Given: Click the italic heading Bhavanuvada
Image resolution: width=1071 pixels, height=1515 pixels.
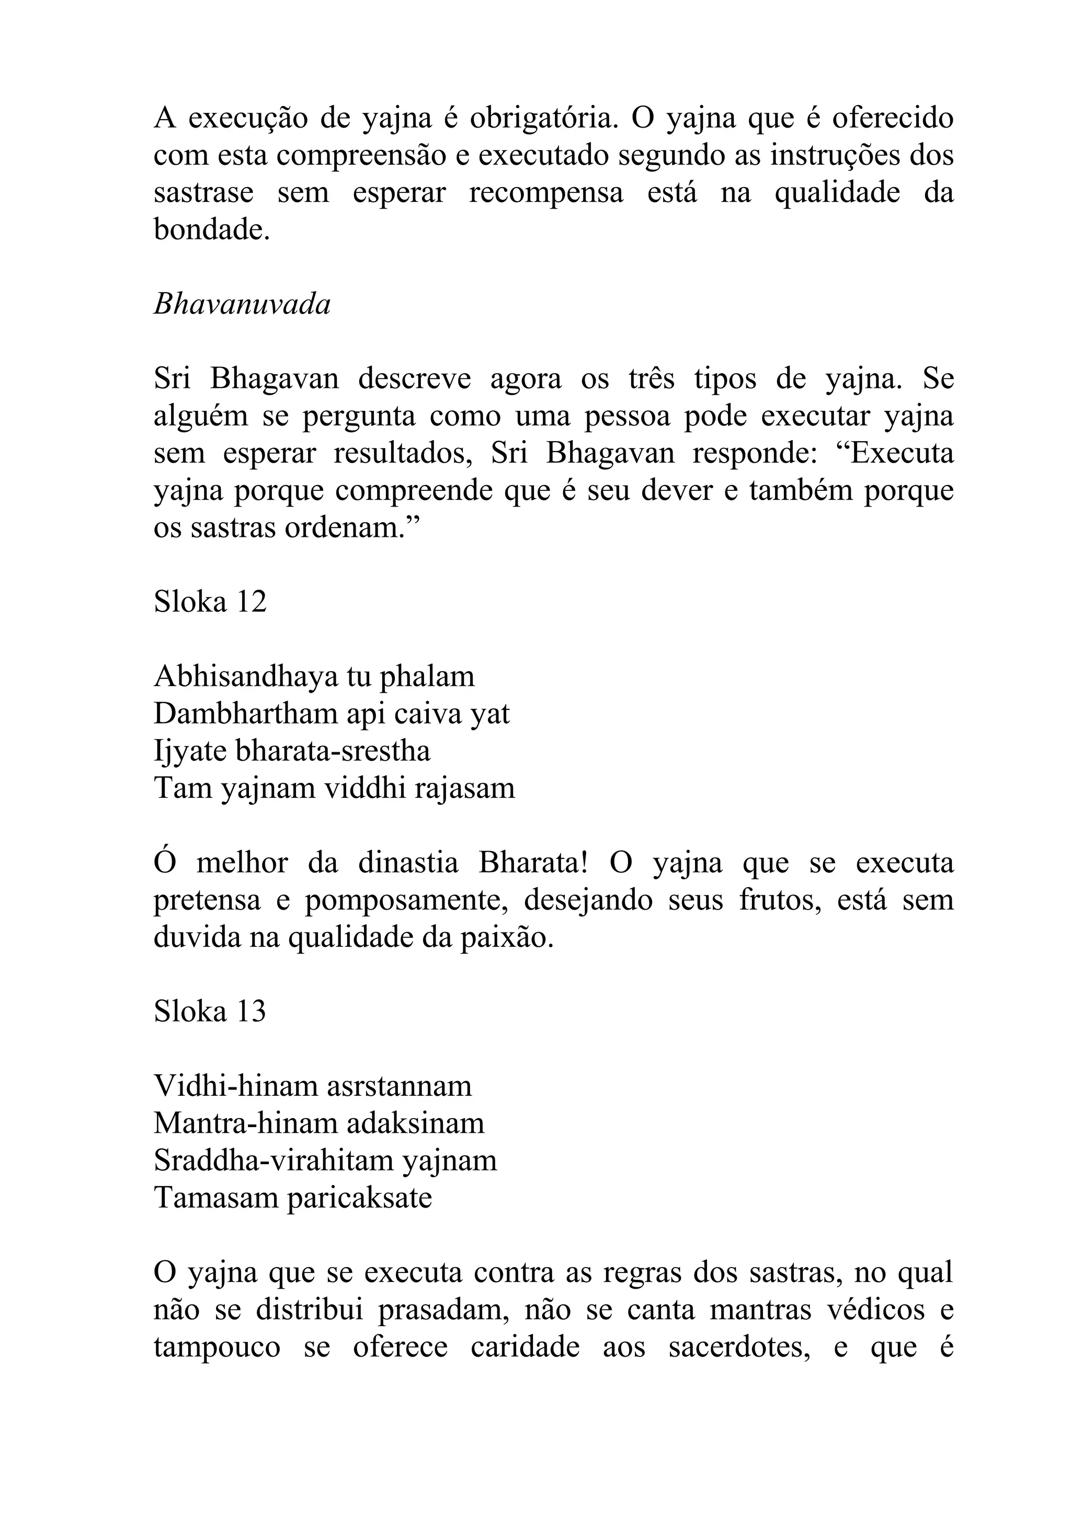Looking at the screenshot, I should coord(242,305).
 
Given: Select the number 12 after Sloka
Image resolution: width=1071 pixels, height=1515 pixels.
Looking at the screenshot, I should coord(251,601).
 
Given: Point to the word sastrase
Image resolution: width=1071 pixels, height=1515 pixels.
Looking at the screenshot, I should coord(203,193).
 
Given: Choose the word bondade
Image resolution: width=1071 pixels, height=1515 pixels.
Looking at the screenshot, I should coord(212,229).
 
